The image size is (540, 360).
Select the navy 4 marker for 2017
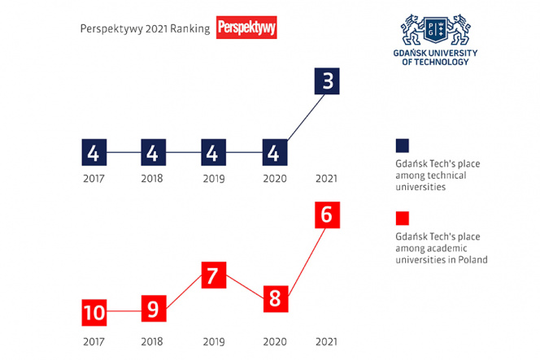click(94, 152)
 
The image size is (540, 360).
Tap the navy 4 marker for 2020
click(274, 152)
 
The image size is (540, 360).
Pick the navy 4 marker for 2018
click(154, 152)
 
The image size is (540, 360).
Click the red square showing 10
click(94, 313)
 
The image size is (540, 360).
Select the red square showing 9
click(154, 310)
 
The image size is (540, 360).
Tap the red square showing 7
click(212, 275)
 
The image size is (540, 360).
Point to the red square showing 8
click(274, 298)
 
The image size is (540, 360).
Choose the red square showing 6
click(325, 215)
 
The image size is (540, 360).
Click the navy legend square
click(402, 145)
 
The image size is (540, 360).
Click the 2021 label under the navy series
click(325, 179)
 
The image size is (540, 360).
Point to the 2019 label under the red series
click(212, 341)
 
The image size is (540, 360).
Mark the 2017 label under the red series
click(94, 341)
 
